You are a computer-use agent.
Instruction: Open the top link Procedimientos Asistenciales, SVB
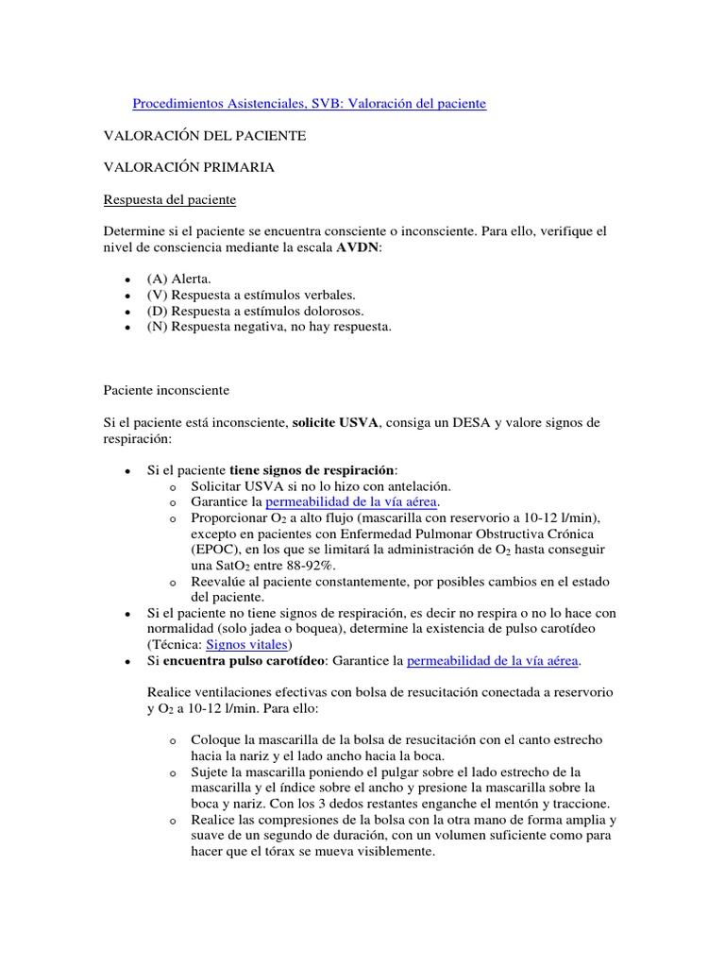point(309,103)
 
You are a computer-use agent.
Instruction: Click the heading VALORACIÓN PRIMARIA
point(189,167)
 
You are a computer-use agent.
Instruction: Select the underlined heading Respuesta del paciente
point(170,200)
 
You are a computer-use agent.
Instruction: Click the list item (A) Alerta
point(179,280)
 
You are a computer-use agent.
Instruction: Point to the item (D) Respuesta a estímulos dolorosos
point(255,311)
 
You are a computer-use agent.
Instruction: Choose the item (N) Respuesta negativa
point(268,327)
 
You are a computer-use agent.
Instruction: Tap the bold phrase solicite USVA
point(335,422)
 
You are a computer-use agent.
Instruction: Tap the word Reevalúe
point(218,582)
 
